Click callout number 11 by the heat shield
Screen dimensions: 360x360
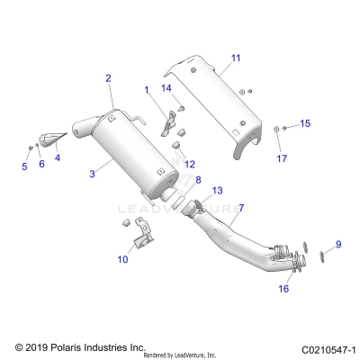[x=235, y=58]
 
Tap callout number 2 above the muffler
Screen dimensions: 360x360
[x=108, y=79]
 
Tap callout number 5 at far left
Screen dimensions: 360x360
[x=24, y=166]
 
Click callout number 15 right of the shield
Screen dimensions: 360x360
[x=304, y=123]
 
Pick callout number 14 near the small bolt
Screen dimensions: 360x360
[x=166, y=88]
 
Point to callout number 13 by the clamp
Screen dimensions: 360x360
[x=217, y=191]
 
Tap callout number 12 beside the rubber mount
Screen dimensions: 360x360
[x=189, y=164]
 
